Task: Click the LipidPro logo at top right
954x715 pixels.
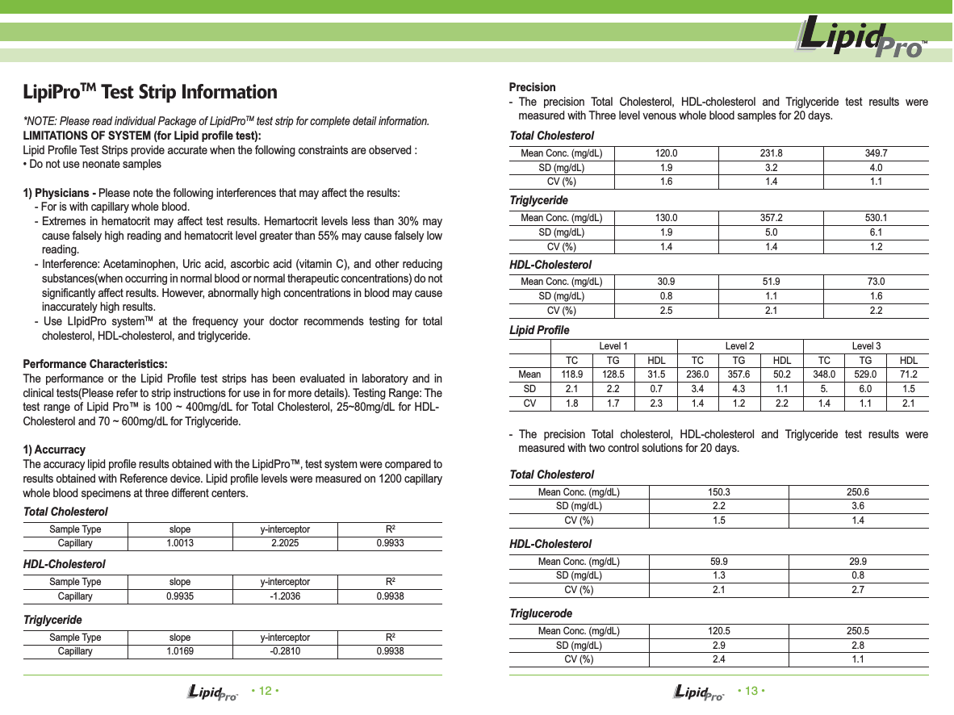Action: pos(861,40)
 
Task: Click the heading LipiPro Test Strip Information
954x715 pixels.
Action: pos(150,92)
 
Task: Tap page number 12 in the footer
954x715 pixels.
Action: pos(265,692)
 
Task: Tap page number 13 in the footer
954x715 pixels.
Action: pos(751,692)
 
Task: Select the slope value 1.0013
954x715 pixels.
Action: pos(180,544)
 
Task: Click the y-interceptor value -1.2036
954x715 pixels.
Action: pos(285,597)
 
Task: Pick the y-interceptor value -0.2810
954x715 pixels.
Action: pos(285,651)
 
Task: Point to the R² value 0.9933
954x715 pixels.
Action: pos(390,544)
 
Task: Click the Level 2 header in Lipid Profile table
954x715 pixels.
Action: pos(740,346)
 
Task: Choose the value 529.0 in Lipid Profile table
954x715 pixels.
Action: pos(866,375)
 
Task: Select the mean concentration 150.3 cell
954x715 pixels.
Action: pos(719,492)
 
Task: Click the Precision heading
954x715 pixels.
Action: pos(532,87)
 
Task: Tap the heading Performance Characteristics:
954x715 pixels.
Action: pos(95,364)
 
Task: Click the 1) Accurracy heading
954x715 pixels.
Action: pos(54,449)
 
